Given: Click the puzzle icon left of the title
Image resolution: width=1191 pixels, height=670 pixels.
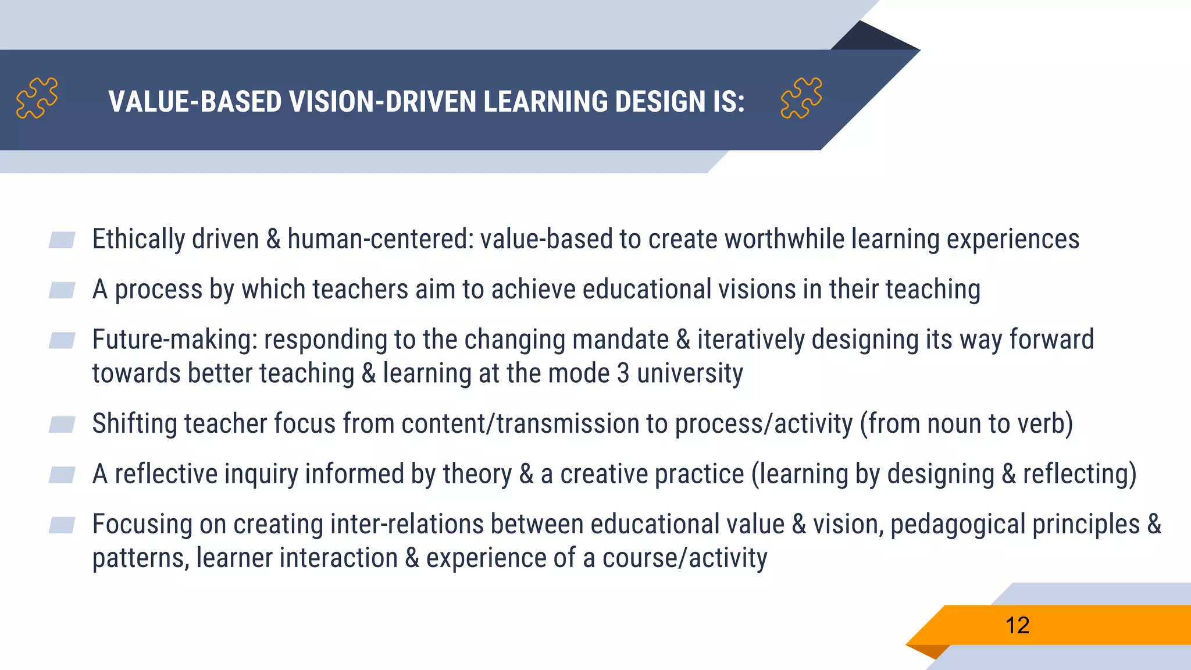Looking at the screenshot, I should (37, 98).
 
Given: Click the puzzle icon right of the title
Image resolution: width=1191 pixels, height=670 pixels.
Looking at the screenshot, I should (801, 98).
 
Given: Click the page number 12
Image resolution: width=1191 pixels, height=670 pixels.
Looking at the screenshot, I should (1017, 626).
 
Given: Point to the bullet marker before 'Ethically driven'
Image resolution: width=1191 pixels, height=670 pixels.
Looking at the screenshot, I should (62, 240).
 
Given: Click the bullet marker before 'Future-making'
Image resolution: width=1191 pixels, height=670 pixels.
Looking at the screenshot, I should (62, 340).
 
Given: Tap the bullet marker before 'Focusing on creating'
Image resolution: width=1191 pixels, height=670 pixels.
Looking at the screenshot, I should (62, 525).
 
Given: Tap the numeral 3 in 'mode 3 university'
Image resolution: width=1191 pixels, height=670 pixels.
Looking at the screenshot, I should (623, 373).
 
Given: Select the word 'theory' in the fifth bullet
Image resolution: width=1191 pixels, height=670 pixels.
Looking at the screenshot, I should (477, 474).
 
